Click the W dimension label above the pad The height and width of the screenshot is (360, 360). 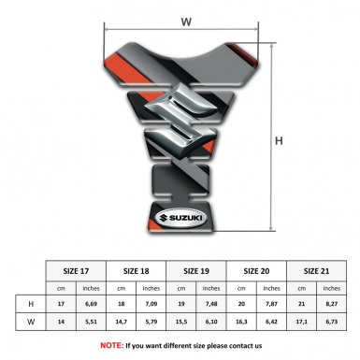186,22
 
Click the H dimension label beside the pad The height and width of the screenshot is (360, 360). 279,141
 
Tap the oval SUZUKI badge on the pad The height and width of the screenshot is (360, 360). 181,218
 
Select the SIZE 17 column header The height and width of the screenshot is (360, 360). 76,271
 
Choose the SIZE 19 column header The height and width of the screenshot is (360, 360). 196,271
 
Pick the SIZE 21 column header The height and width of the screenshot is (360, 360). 316,271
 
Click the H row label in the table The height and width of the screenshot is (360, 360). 31,304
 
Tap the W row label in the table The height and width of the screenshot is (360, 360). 31,322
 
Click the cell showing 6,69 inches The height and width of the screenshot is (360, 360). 91,304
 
